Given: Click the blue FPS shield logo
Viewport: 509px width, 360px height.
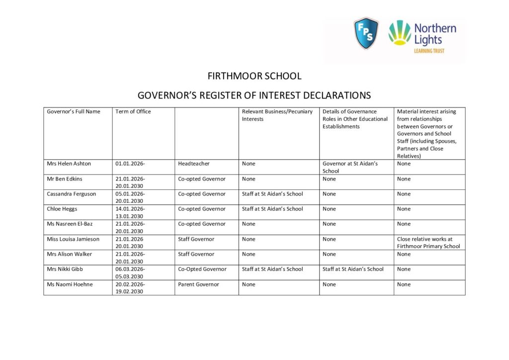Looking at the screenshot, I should (x=366, y=33).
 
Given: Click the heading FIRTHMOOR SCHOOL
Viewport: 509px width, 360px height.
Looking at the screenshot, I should (x=254, y=76).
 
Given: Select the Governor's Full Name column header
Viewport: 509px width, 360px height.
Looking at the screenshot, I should (x=74, y=111).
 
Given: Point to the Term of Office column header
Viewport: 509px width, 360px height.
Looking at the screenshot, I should (x=133, y=111).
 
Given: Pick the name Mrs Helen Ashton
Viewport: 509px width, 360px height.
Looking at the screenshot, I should (x=69, y=164).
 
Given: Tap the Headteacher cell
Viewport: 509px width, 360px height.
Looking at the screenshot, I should (x=194, y=164).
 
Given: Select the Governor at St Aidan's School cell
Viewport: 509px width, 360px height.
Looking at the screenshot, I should (x=350, y=167).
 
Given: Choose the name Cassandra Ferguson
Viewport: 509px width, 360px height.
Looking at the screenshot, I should (x=72, y=194).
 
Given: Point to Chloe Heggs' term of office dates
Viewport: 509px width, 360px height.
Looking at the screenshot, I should (x=130, y=212).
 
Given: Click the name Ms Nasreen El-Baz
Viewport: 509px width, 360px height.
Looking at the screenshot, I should (x=70, y=224).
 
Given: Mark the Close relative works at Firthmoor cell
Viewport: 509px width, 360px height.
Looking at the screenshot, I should (x=428, y=243).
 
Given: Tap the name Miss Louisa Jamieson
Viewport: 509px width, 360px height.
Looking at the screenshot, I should (x=73, y=239).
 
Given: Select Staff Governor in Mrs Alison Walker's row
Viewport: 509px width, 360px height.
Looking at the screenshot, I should (x=196, y=254).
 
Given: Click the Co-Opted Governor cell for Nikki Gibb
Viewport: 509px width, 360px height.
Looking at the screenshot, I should (x=202, y=269).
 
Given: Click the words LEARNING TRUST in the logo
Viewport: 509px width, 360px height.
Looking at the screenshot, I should (x=429, y=51).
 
